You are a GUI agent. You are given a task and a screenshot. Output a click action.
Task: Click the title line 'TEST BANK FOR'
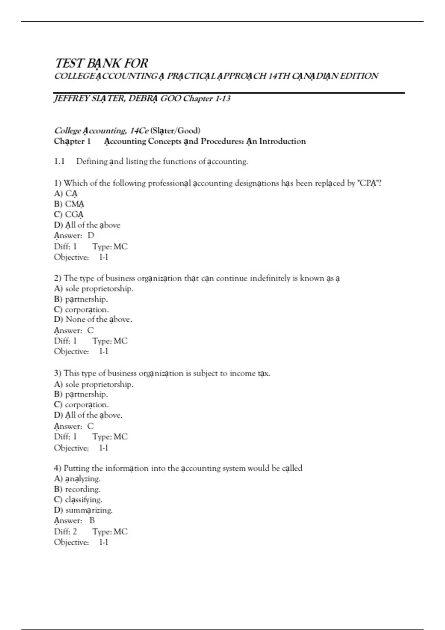101,63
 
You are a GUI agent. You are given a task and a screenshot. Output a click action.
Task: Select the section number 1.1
59,162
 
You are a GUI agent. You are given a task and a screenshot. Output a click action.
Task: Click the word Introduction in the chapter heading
282,141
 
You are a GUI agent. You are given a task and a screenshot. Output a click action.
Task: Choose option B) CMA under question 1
69,204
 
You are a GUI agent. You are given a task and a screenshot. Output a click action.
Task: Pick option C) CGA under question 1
69,214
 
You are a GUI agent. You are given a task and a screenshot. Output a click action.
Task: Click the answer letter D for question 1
91,235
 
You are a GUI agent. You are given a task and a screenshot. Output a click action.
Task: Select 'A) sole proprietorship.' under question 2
93,289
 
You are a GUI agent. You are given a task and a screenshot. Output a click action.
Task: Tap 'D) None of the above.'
93,319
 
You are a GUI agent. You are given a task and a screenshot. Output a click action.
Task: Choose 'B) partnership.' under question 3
81,394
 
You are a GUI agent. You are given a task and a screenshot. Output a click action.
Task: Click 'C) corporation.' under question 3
81,405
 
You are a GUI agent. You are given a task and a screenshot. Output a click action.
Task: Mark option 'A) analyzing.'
77,479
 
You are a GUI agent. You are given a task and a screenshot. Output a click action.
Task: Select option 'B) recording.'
77,489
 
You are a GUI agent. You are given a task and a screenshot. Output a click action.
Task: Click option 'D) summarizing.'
83,510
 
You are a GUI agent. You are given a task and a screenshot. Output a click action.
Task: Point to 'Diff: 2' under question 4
65,532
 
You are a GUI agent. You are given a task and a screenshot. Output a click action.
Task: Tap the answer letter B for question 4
92,521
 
